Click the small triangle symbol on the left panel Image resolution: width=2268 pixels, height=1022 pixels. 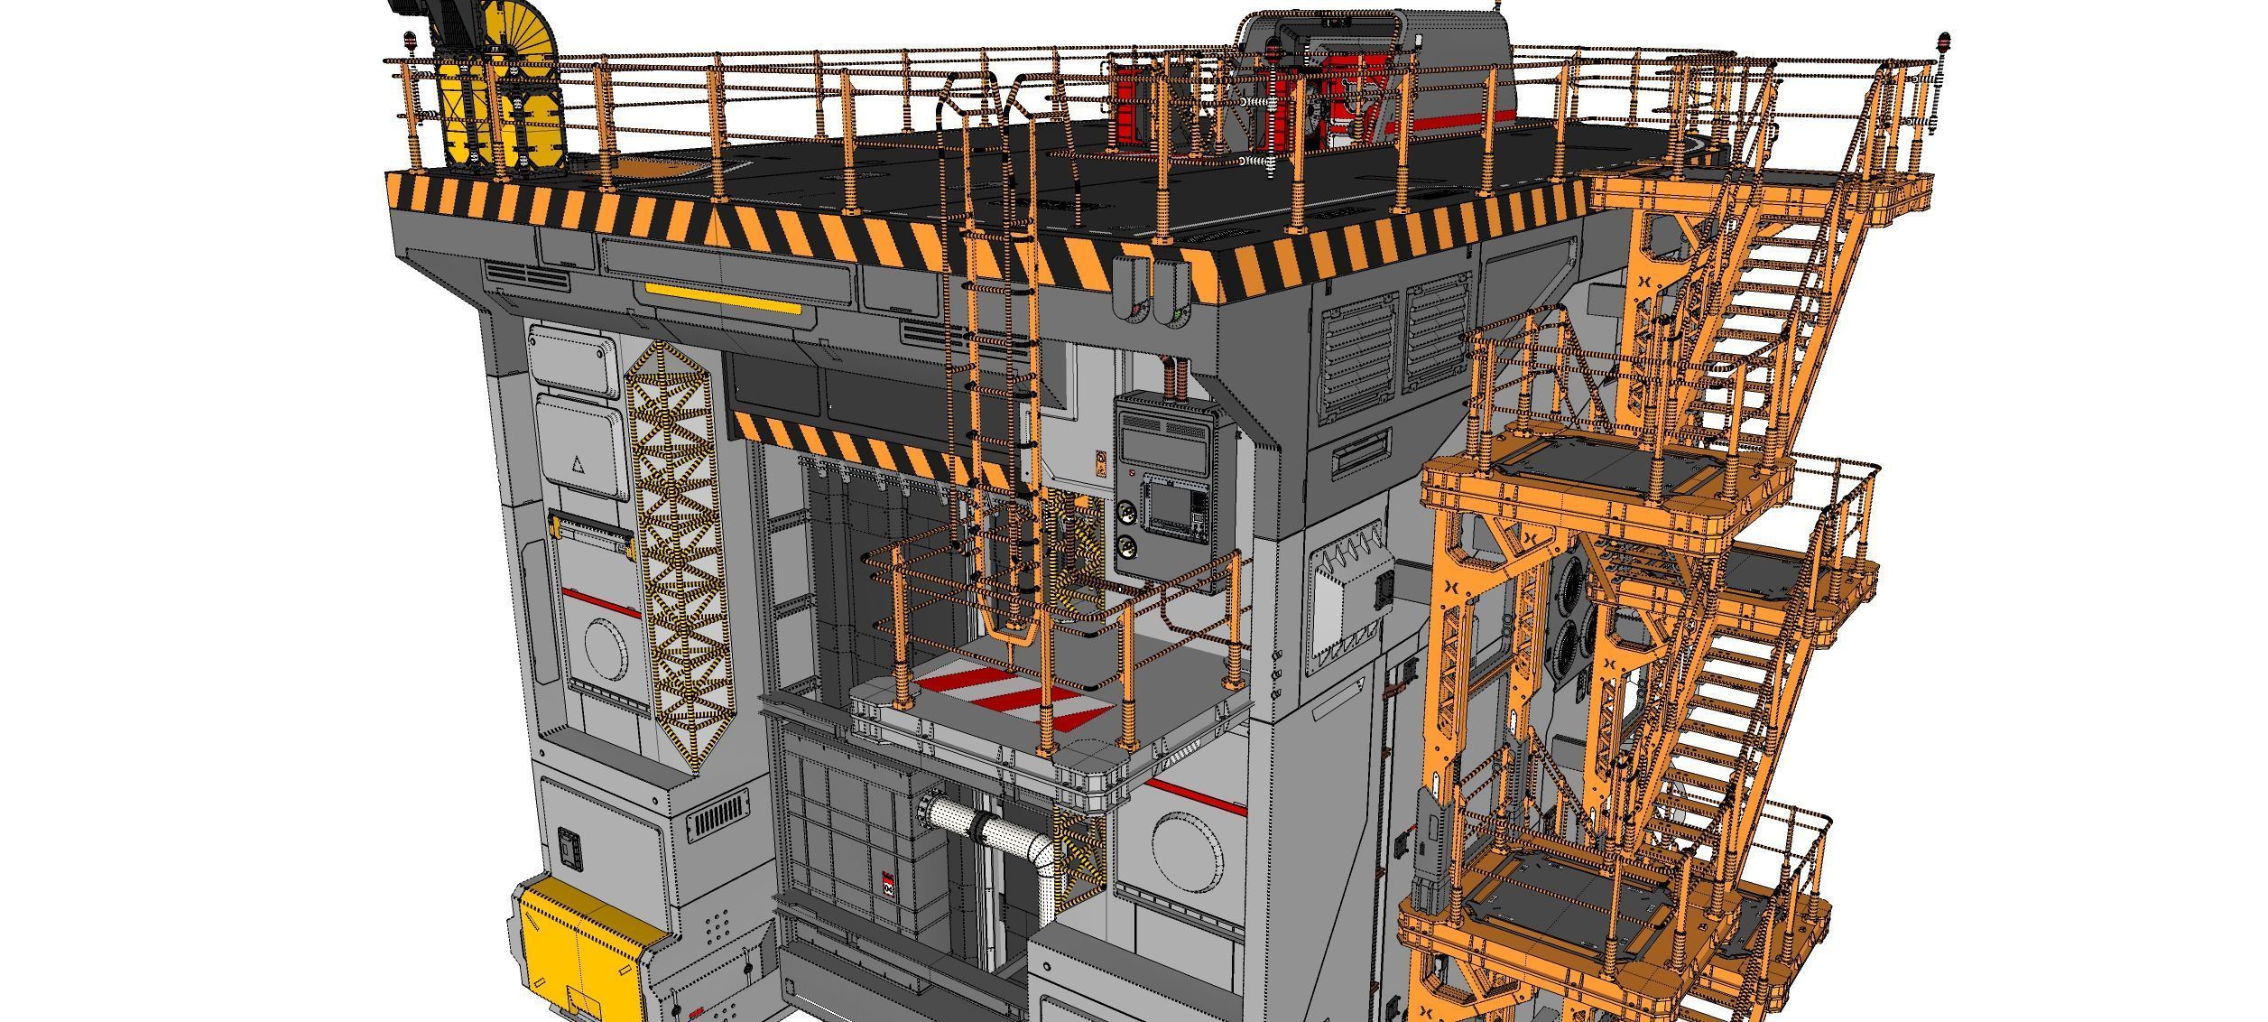[579, 465]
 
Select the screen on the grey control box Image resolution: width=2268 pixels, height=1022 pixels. [1171, 509]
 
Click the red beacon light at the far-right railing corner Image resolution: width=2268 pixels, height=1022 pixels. [1938, 42]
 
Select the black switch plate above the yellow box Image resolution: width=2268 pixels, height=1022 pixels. [569, 848]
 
